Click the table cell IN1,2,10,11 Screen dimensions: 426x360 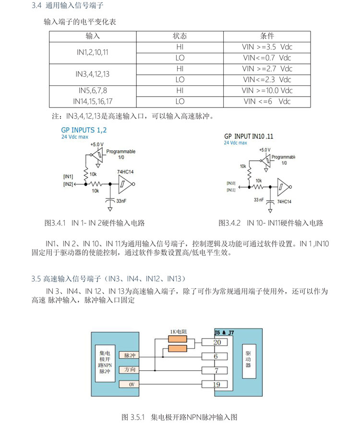click(93, 52)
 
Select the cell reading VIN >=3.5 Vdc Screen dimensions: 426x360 click(267, 47)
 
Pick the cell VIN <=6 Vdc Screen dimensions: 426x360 click(267, 101)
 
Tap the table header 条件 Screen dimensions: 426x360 click(267, 36)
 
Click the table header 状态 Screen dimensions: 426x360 click(180, 36)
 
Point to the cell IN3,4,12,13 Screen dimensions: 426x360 click(93, 74)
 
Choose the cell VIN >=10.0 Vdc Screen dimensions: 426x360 click(267, 90)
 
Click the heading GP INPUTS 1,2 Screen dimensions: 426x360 click(84, 130)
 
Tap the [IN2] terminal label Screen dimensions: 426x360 click(68, 184)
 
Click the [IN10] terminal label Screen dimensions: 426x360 click(231, 183)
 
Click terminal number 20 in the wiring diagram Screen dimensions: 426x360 click(216, 342)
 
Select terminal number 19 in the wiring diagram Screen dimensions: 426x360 click(216, 384)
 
